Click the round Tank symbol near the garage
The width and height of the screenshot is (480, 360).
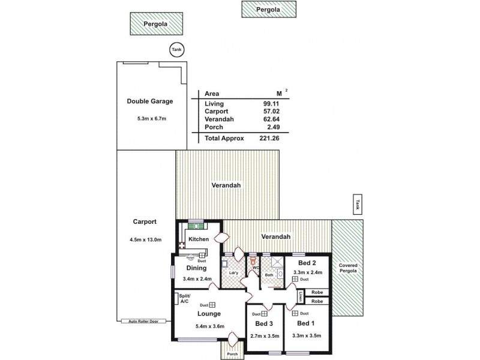(x=176, y=50)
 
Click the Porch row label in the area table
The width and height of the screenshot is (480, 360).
(x=214, y=127)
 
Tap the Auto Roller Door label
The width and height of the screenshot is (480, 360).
(x=144, y=322)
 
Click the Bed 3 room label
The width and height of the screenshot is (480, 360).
(x=264, y=323)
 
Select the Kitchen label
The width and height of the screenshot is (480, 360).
(x=198, y=239)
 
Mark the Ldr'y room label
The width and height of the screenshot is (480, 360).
(x=234, y=273)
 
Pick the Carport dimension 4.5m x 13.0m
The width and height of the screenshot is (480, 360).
(x=145, y=239)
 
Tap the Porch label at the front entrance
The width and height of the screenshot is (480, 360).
(x=232, y=353)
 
